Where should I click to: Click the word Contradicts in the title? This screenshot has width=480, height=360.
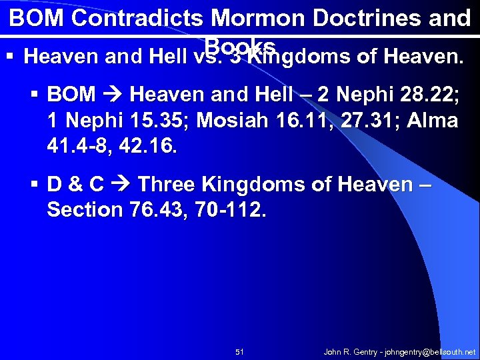[x=128, y=18]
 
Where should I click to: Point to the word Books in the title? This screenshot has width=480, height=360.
[x=241, y=45]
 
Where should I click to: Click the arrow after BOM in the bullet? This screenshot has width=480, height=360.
[x=113, y=95]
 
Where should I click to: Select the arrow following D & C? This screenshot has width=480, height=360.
[x=120, y=184]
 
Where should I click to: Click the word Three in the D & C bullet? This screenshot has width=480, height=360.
[x=166, y=184]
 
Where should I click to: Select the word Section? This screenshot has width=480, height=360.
[x=85, y=210]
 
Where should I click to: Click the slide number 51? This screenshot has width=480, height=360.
[x=240, y=351]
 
